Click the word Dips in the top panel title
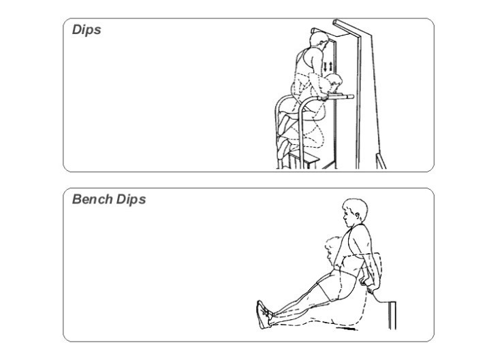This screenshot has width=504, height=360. click(86, 30)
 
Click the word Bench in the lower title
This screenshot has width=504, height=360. click(92, 199)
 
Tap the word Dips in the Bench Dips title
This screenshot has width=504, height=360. click(131, 200)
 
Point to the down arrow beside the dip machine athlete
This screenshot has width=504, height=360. click(326, 67)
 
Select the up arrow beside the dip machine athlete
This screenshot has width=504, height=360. click(331, 67)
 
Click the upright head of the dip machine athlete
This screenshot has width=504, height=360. click(319, 40)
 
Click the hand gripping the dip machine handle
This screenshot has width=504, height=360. click(322, 97)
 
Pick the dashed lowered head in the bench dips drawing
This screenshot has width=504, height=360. click(332, 247)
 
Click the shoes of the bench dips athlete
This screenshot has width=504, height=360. click(264, 314)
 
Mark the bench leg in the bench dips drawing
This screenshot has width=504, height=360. click(392, 315)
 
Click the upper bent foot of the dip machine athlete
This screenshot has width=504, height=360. click(284, 125)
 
